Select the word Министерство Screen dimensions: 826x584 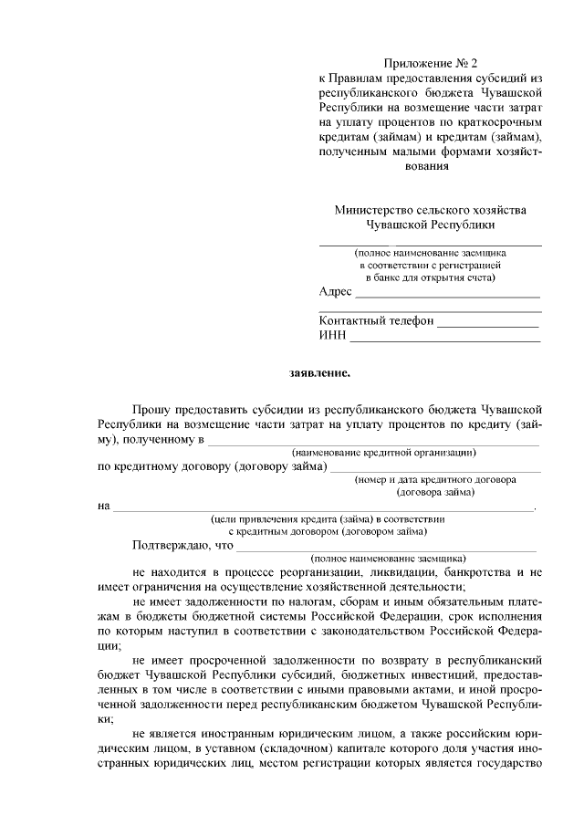(x=375, y=209)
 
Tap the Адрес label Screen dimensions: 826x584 (x=335, y=292)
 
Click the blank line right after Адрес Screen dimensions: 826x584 (x=447, y=295)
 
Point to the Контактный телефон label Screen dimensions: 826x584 (x=375, y=321)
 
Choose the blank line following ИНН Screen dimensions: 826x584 (x=444, y=339)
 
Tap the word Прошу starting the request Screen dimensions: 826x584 (x=151, y=411)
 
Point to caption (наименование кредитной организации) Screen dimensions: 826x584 (x=384, y=453)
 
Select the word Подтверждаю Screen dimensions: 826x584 (x=170, y=545)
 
